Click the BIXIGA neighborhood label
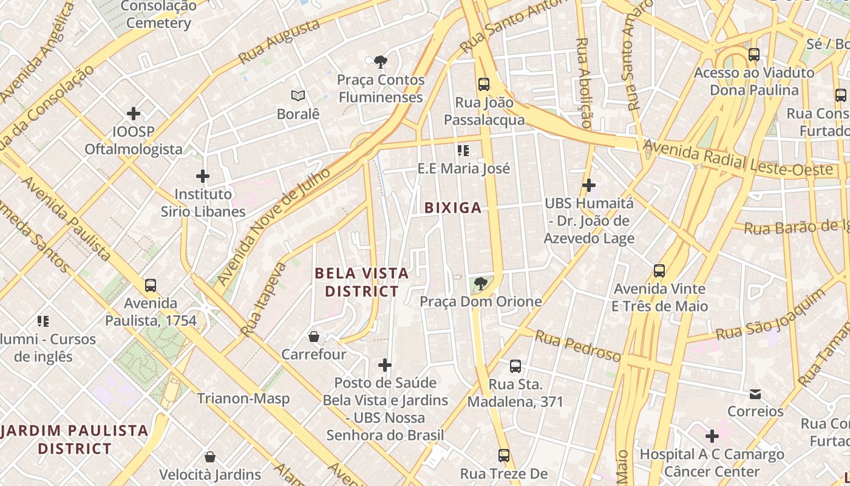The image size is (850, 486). [x=453, y=208]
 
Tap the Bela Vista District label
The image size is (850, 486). [x=362, y=282]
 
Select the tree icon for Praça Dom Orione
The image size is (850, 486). [x=480, y=283]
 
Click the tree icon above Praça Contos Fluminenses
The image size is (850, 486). [x=381, y=61]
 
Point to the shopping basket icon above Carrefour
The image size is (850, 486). [x=314, y=336]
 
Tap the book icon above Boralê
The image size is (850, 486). [x=297, y=96]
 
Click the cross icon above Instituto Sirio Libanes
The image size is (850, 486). [x=203, y=177]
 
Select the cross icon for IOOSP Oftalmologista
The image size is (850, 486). [x=134, y=114]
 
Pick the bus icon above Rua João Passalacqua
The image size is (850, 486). [x=483, y=84]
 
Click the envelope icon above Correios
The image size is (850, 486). [x=755, y=394]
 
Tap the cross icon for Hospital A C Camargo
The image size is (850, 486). [x=712, y=436]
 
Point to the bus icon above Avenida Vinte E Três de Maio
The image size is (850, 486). [x=659, y=271]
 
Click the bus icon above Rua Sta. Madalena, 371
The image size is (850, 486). [x=515, y=366]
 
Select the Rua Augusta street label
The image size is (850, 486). [x=279, y=41]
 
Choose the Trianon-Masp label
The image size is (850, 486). [x=243, y=399]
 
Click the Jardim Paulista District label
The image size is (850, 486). [x=75, y=440]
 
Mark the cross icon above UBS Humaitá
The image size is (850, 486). [x=588, y=185]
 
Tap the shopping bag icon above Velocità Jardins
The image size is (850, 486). [x=210, y=456]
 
